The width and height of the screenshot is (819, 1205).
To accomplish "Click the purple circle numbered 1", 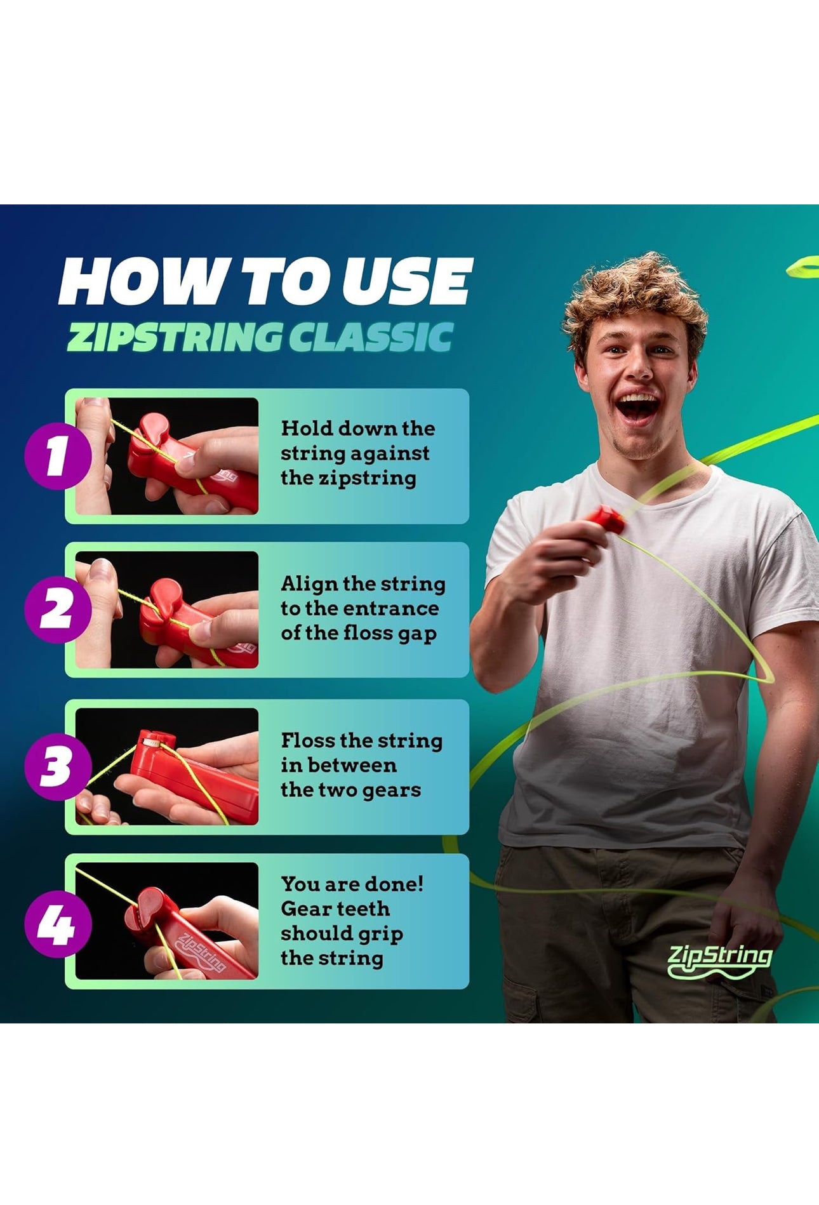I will [x=57, y=456].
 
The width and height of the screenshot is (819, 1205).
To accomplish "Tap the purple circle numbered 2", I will [x=57, y=609].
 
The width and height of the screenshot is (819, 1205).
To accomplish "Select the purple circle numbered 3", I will [x=57, y=766].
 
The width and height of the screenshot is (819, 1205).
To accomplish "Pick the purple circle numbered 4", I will [x=57, y=924].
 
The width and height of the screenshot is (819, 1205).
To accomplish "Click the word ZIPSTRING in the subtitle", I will [x=173, y=336].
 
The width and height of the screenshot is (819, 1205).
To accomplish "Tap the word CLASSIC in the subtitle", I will [x=371, y=336].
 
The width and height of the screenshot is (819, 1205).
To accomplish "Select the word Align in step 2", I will [x=310, y=585].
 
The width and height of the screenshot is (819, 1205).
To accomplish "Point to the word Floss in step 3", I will [x=308, y=740].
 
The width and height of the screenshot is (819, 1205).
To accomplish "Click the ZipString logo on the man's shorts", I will [x=719, y=961].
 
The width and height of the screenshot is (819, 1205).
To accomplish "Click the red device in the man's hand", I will [x=606, y=519].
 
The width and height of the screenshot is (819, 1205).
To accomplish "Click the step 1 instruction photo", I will [x=167, y=456].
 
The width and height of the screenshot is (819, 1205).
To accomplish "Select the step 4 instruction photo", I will [x=167, y=921].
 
